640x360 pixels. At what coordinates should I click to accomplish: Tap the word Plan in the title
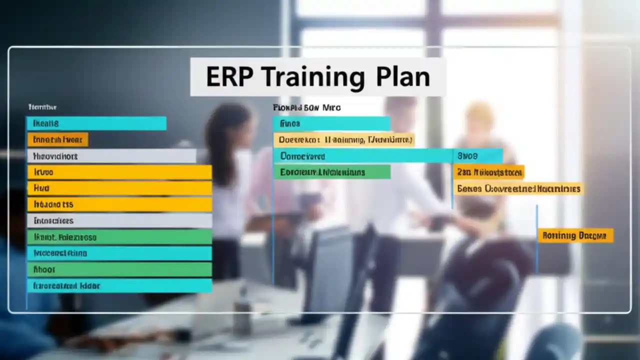[x=403, y=77]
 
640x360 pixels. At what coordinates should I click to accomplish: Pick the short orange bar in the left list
[x=57, y=139]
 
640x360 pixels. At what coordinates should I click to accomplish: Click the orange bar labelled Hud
[x=119, y=188]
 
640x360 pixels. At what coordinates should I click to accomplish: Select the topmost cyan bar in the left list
[x=96, y=123]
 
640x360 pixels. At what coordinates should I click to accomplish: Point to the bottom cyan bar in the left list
[x=119, y=286]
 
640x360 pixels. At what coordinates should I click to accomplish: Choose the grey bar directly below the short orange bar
[x=111, y=156]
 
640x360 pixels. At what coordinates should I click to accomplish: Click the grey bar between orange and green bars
[x=119, y=220]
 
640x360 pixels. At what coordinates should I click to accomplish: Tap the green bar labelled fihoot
[x=119, y=269]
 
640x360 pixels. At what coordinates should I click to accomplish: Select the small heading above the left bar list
[x=42, y=107]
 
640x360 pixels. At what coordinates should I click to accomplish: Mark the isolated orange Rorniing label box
[x=575, y=235]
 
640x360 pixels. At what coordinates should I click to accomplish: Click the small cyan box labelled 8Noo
[x=477, y=156]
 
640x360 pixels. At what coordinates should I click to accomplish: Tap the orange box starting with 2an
[x=489, y=172]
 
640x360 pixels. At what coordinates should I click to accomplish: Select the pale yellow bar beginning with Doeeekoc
[x=344, y=140]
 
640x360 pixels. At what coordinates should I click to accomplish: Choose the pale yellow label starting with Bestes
[x=518, y=188]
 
